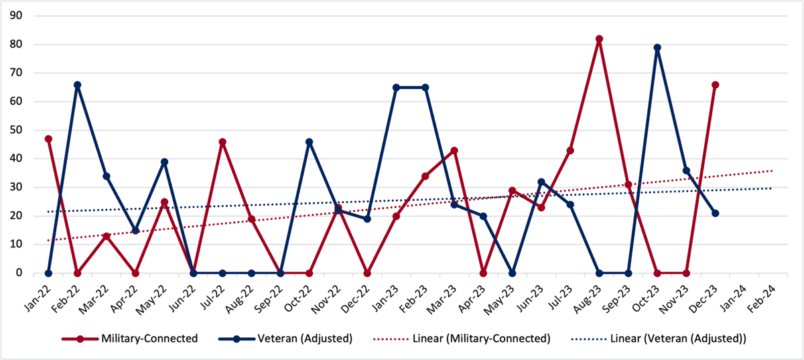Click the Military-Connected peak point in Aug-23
tap(599, 39)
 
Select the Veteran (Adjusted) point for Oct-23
tap(657, 48)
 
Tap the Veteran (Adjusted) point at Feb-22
tap(77, 84)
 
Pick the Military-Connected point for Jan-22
tap(48, 139)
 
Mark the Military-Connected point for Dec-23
tap(715, 84)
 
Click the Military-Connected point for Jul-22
tap(222, 141)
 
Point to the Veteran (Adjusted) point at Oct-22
tap(310, 141)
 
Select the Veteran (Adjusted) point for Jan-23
tap(397, 87)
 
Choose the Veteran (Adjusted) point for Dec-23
tap(715, 213)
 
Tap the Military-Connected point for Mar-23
tap(454, 150)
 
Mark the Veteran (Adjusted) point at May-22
tap(164, 162)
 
